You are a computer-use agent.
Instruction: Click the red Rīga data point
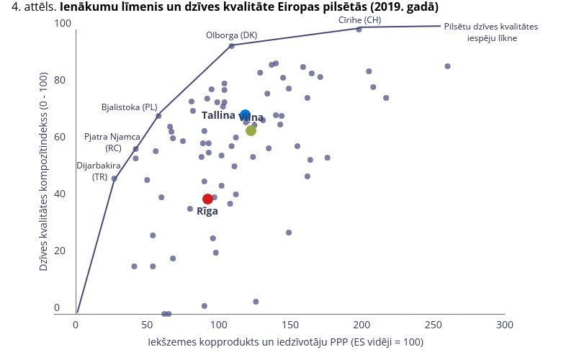click(207, 199)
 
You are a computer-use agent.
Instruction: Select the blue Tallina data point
click(245, 115)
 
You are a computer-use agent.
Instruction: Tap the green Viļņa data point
click(251, 130)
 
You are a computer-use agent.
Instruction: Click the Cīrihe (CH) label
click(359, 19)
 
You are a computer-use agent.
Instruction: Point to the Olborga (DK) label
click(231, 35)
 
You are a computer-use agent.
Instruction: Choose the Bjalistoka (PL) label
click(129, 107)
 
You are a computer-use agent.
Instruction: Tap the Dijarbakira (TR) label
click(99, 170)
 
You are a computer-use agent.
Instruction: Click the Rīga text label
click(207, 211)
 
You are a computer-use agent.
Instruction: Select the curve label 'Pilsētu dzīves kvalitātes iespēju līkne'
click(490, 32)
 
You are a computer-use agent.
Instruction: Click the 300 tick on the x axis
click(504, 325)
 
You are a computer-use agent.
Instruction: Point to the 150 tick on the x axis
click(290, 325)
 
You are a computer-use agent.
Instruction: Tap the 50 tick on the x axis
click(147, 325)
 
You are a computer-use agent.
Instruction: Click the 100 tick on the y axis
click(63, 24)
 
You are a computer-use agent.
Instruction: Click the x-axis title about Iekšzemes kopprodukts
click(286, 341)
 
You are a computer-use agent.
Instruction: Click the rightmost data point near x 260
click(447, 66)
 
